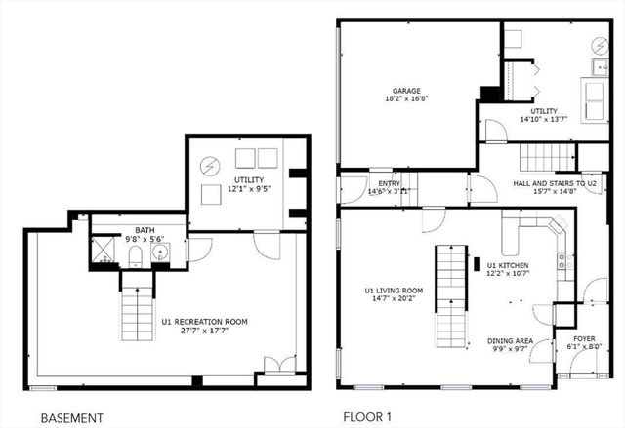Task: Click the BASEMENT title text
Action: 71,417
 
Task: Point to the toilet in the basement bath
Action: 136,254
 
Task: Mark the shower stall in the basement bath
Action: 103,253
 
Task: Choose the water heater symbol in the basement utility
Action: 209,165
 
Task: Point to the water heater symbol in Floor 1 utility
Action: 598,46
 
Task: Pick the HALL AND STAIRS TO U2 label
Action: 554,182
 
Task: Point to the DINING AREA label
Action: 508,341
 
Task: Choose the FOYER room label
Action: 584,339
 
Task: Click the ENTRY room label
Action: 376,182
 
